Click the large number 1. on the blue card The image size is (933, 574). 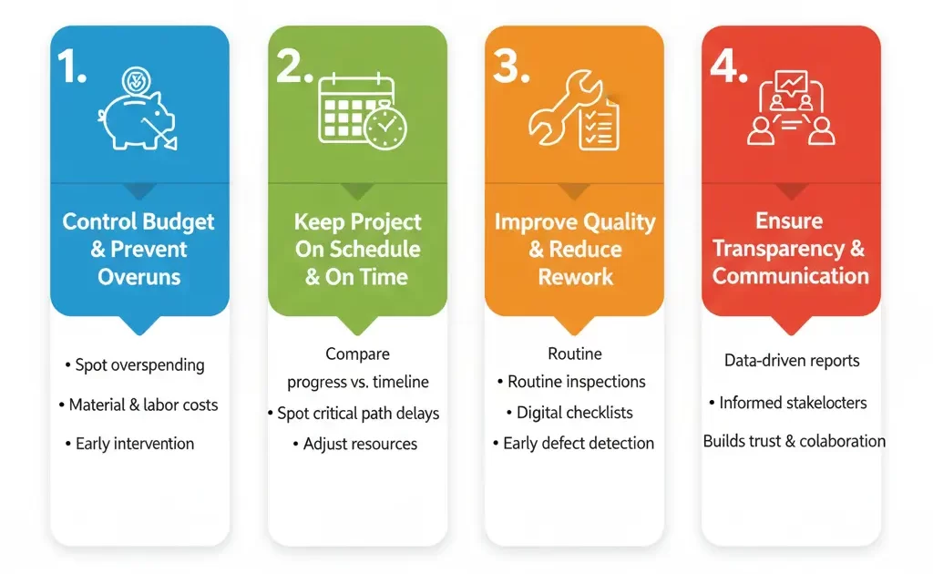click(72, 66)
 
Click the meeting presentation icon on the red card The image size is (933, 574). click(792, 108)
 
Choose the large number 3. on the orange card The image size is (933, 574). click(511, 66)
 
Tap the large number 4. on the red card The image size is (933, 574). click(729, 66)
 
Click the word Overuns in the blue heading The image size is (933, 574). click(139, 277)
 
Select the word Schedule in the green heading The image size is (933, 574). click(374, 250)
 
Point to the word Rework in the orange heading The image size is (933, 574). click(576, 277)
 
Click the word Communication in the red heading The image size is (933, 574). click(791, 276)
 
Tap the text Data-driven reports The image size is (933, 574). click(792, 361)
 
